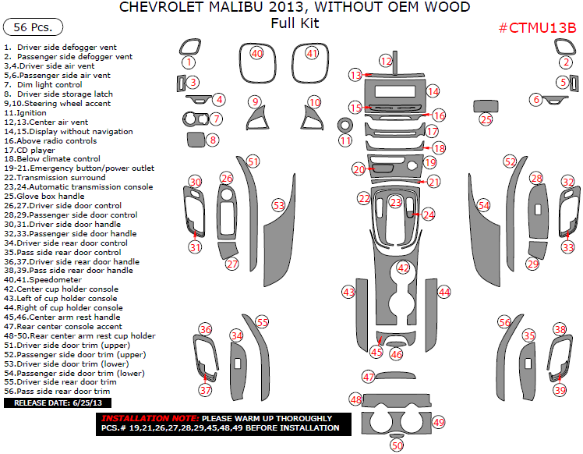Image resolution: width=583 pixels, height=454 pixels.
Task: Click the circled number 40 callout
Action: (257, 53)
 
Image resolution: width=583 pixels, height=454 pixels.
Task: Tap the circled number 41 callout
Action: (312, 53)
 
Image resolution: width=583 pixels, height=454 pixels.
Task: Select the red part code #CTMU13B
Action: (537, 28)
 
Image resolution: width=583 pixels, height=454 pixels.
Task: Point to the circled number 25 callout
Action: (486, 119)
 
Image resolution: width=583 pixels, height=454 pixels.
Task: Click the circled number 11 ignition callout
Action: (345, 140)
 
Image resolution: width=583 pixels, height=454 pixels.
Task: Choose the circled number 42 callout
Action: (403, 268)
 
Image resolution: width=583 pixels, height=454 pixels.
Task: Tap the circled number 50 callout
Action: (397, 445)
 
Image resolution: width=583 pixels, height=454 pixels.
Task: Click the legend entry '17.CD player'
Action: (30, 149)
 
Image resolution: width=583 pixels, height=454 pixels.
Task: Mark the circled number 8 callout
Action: (212, 140)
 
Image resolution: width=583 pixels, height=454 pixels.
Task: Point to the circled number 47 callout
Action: (369, 376)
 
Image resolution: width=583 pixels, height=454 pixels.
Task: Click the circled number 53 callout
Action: (278, 205)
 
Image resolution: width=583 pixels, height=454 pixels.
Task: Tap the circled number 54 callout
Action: (484, 205)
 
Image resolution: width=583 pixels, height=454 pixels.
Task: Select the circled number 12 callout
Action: (386, 60)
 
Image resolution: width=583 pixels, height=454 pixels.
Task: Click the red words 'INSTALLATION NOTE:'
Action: (148, 418)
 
